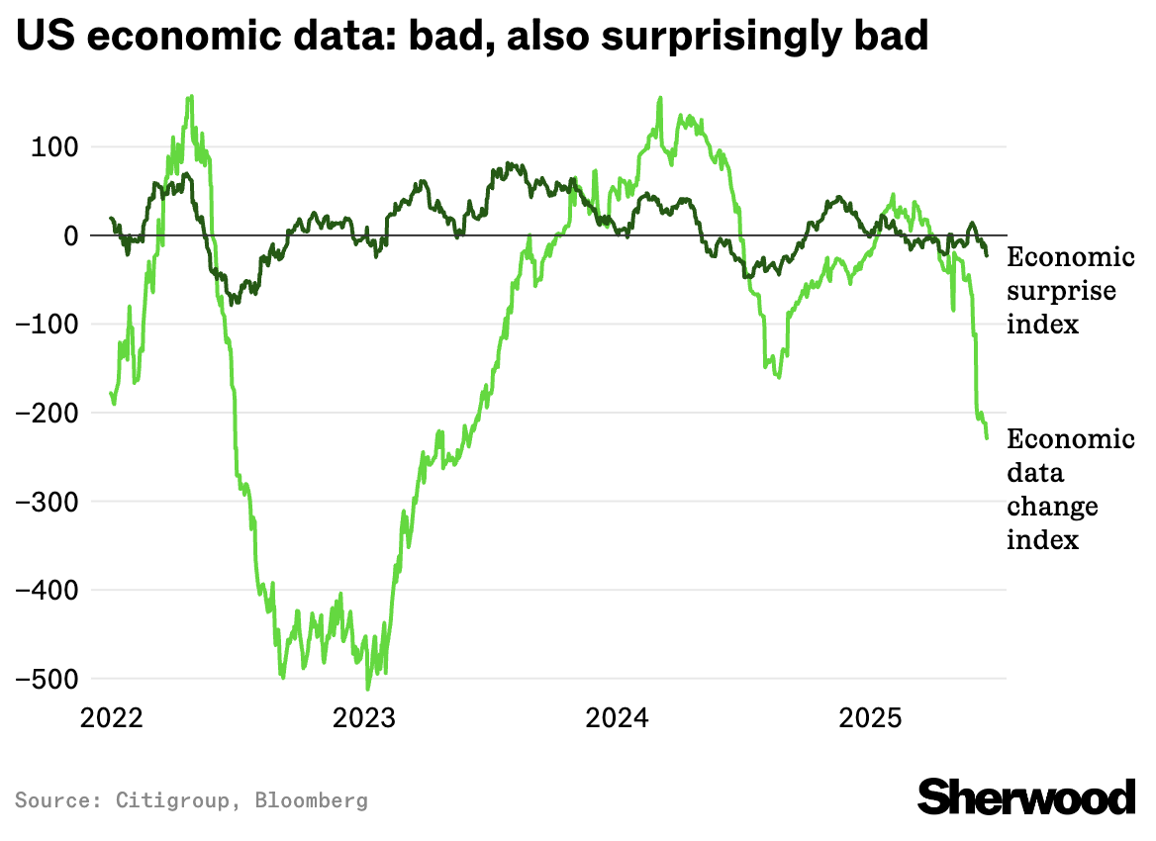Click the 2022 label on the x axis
point(111,717)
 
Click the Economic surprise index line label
point(1069,291)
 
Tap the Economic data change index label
point(1069,489)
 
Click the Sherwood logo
point(1026,796)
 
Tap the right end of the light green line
point(987,438)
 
